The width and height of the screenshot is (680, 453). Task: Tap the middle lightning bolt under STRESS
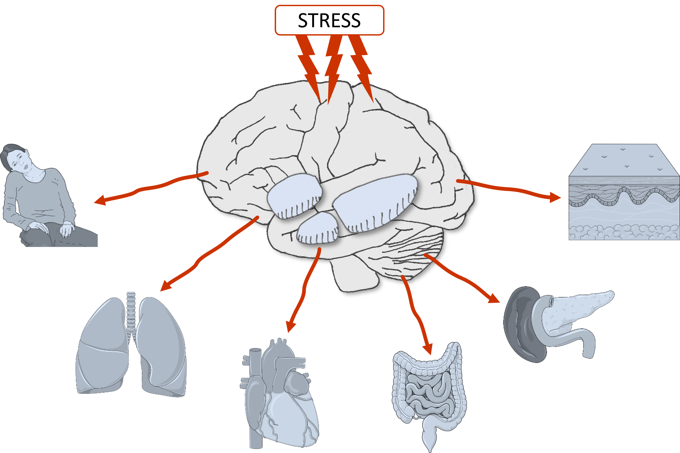pos(333,67)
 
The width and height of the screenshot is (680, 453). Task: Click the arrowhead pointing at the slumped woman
pos(100,200)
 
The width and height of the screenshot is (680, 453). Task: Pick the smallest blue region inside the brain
pos(317,228)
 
